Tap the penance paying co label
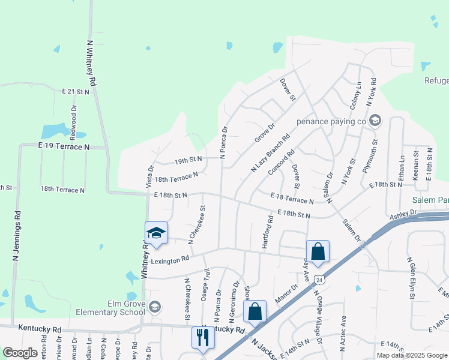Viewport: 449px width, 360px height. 331,121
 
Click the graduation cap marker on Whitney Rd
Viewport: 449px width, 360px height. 156,233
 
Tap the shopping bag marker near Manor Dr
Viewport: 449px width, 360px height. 255,311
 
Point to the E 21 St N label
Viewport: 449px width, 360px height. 76,91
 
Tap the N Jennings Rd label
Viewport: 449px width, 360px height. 17,235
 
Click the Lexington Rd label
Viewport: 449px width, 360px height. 170,259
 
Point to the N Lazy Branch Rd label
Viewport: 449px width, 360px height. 270,153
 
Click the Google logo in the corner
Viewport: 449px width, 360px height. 20,353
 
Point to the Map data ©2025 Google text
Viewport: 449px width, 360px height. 412,355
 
